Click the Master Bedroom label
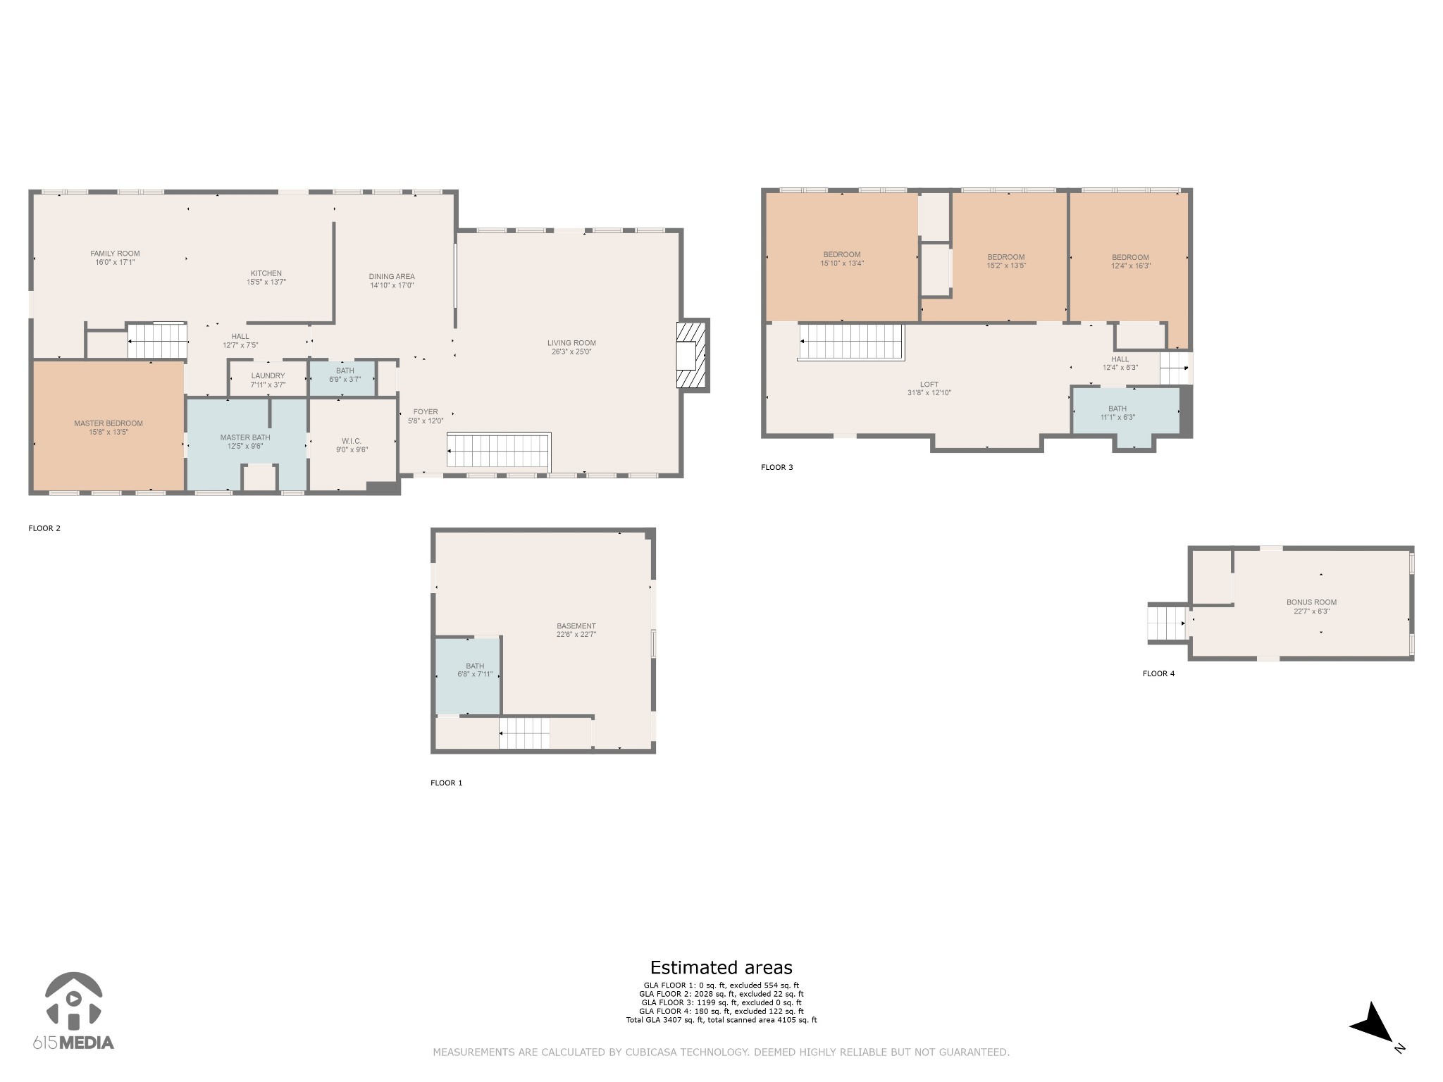pos(109,423)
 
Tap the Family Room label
pos(115,254)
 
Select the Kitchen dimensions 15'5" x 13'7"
pos(266,282)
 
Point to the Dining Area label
pos(392,276)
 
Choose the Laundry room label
pos(268,375)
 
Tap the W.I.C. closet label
pos(352,441)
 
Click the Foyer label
pos(426,412)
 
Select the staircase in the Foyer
pos(499,451)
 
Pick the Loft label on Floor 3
pos(929,385)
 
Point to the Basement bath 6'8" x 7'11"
pos(468,676)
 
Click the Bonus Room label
pos(1311,602)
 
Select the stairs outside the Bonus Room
pos(1168,623)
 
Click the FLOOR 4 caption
pos(1158,673)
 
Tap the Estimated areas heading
pos(721,968)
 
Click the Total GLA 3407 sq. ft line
pos(721,1020)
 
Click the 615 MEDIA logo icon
pos(73,1000)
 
